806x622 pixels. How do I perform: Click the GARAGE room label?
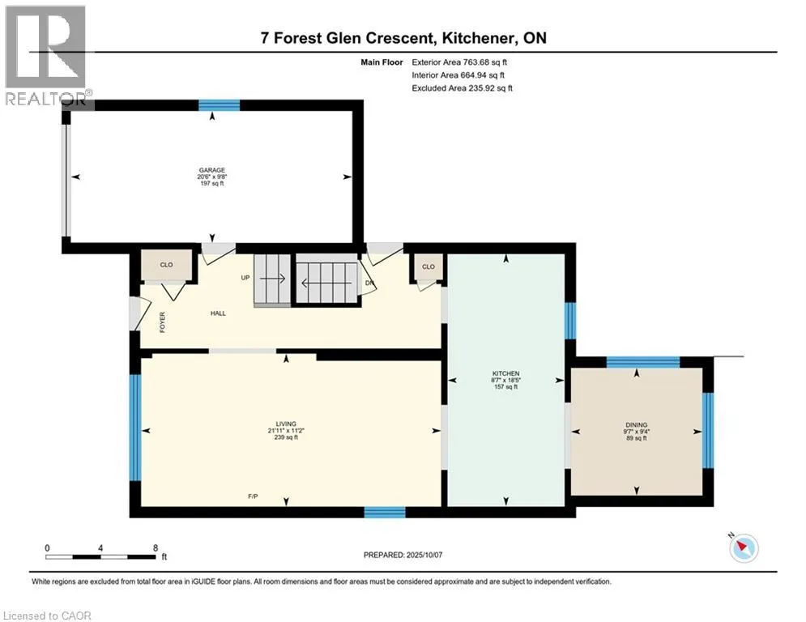[x=211, y=170]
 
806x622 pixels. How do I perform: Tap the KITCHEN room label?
[x=505, y=373]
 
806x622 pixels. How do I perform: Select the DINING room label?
[x=637, y=425]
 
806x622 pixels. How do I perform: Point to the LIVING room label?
[x=286, y=424]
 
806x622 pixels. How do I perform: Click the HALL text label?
[x=218, y=313]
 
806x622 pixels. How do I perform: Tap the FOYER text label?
[x=163, y=322]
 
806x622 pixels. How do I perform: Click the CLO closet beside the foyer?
[x=167, y=265]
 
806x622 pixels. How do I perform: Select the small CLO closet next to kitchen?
[x=429, y=266]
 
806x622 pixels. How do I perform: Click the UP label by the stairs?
[x=245, y=278]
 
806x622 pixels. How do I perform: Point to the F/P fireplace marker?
[x=253, y=496]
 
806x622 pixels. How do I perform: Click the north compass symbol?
[x=744, y=547]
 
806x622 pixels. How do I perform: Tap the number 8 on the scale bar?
[x=156, y=548]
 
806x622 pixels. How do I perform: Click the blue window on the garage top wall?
[x=219, y=105]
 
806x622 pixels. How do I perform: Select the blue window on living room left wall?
[x=134, y=427]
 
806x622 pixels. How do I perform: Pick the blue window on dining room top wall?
[x=643, y=362]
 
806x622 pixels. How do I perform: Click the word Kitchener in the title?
[x=480, y=38]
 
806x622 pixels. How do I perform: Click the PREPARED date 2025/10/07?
[x=424, y=555]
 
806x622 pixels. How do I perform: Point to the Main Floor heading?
[x=382, y=62]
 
